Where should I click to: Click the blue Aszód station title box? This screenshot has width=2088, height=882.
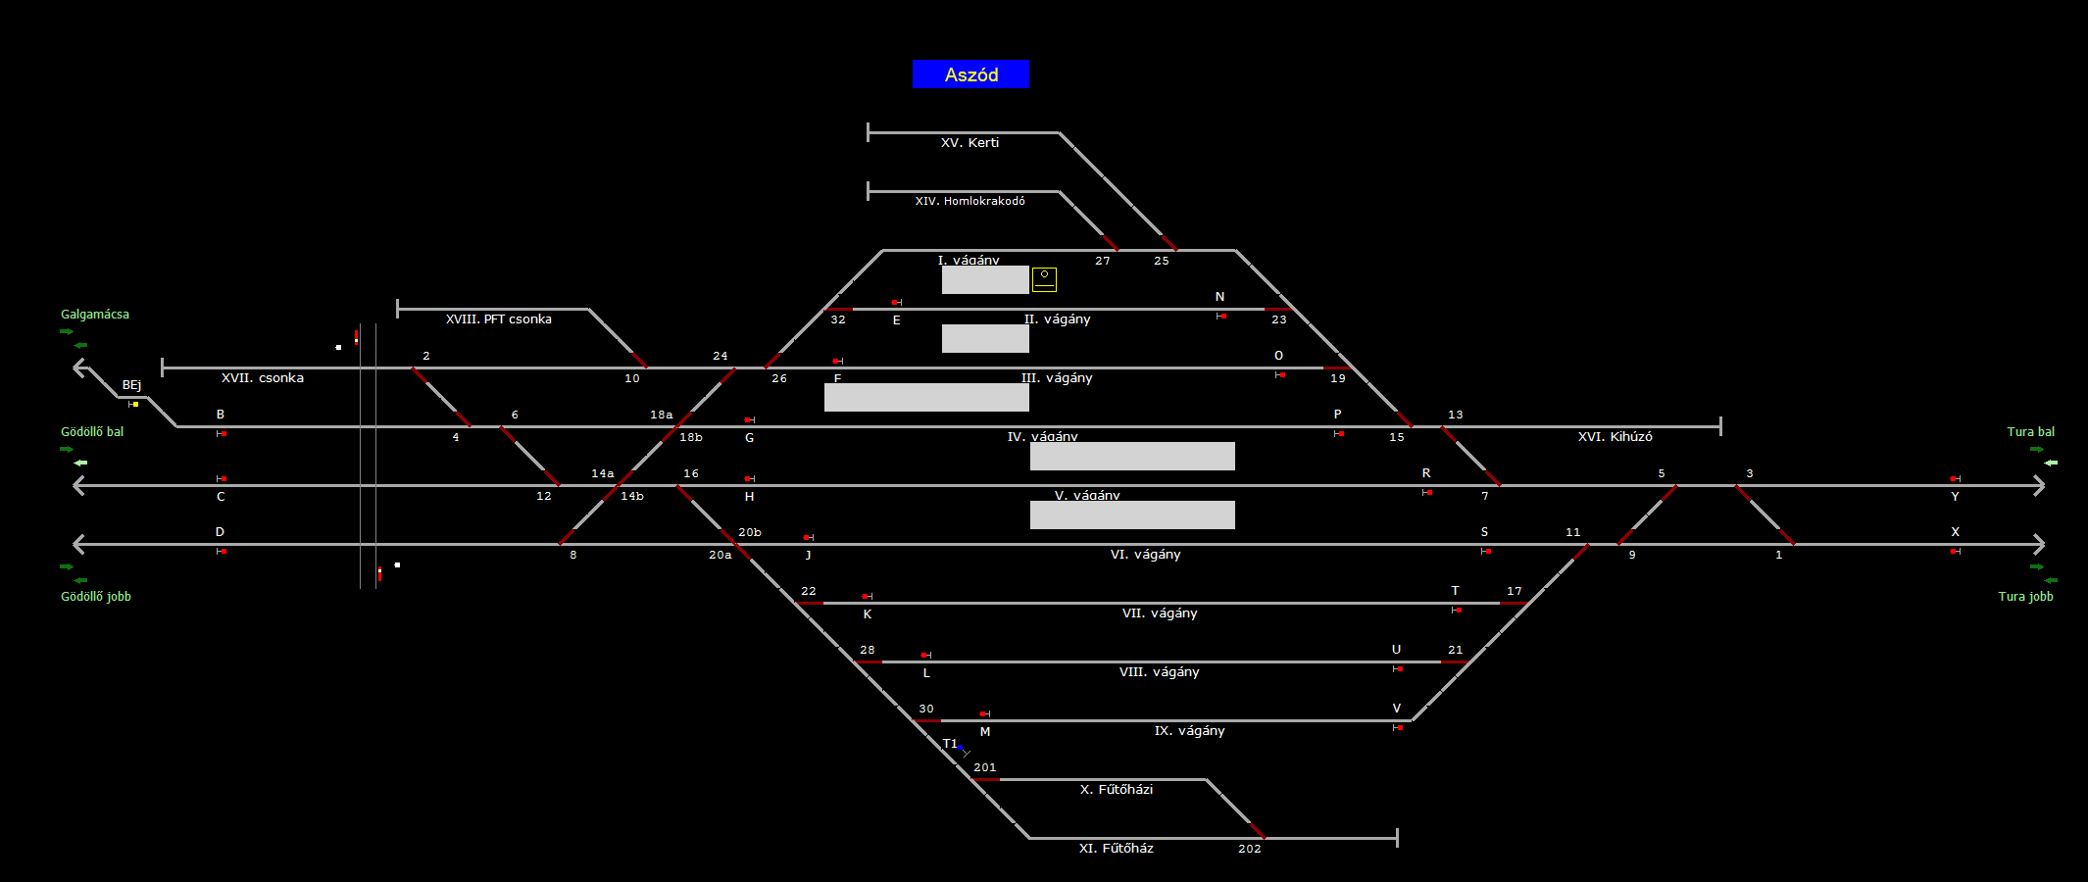(970, 74)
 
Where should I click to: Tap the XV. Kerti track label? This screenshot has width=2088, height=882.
(969, 143)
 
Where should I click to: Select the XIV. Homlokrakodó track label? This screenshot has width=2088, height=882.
(969, 201)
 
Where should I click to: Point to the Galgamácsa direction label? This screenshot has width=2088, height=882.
(95, 315)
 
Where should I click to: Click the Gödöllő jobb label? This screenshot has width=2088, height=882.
(96, 597)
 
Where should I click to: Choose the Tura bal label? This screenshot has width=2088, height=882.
(2030, 432)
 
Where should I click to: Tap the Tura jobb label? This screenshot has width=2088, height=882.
(2025, 597)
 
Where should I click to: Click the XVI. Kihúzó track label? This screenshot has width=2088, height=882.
(1615, 437)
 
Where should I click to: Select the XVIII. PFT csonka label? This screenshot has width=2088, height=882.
(498, 319)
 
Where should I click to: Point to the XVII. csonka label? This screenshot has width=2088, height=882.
(262, 378)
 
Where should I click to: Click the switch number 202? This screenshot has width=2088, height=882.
(1249, 849)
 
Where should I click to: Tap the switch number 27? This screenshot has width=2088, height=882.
(1103, 261)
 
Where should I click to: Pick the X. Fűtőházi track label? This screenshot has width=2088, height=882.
(1116, 790)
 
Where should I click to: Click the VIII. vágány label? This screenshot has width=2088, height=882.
(1159, 672)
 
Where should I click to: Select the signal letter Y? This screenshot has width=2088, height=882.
(1955, 497)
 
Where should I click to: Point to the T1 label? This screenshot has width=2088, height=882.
(950, 744)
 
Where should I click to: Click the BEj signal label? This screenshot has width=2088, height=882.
(131, 385)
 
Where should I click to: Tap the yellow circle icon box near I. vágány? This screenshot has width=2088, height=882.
(1044, 279)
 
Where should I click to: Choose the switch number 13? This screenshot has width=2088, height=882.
(1455, 416)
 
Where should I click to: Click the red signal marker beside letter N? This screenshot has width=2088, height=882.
(1222, 316)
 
